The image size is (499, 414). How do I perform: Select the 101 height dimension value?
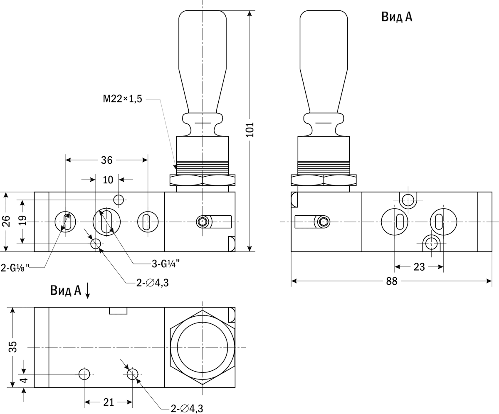coord(249,130)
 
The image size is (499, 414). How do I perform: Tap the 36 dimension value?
coord(107,160)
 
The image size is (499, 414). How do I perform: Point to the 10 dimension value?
coord(108,180)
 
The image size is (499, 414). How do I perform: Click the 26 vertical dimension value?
coord(6,222)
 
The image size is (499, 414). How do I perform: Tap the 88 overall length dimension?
coord(391,281)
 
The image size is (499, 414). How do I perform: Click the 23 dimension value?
coord(419,267)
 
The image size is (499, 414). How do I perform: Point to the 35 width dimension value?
coord(13,347)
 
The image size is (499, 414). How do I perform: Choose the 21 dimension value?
coord(109,402)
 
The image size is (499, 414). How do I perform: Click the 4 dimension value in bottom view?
coord(24,380)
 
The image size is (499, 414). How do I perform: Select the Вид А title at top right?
coord(397,17)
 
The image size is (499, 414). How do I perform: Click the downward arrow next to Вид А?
coord(88,291)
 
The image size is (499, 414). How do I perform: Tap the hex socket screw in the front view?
coord(203,222)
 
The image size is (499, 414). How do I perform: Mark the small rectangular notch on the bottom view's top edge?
coord(118,311)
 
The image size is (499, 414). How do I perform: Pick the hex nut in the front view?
coord(202,180)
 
